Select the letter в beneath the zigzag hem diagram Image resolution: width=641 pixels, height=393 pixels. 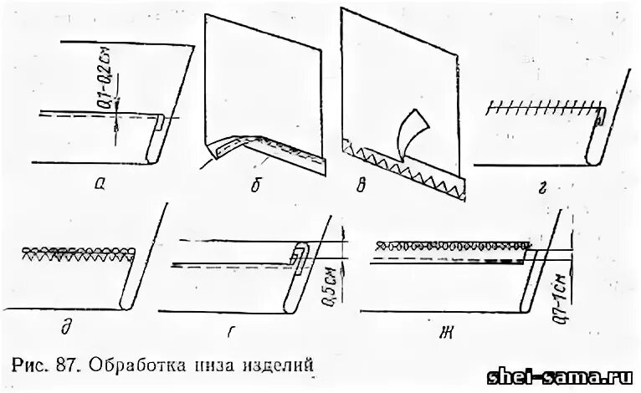(x=361, y=186)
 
